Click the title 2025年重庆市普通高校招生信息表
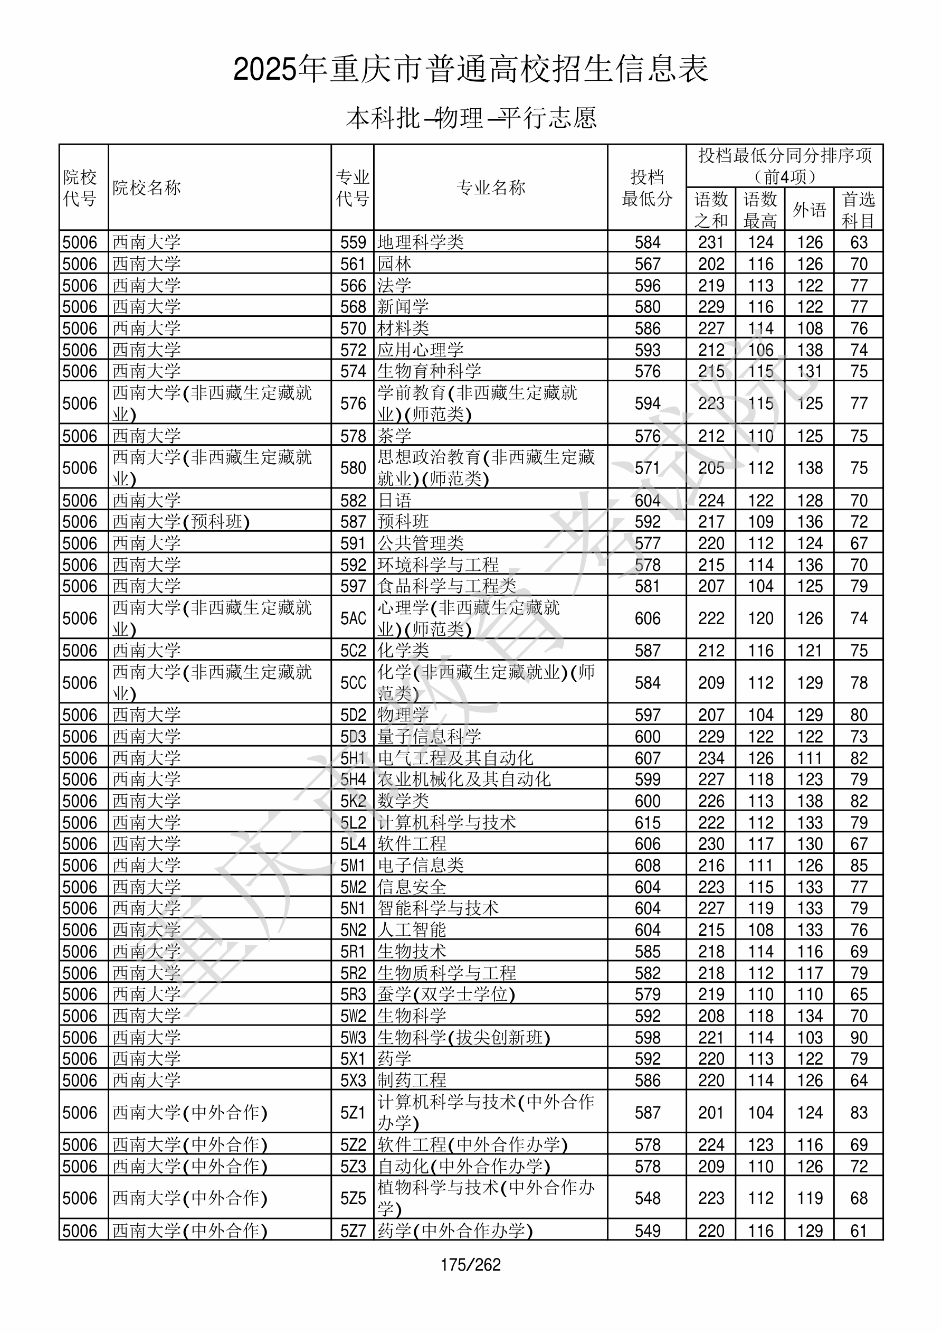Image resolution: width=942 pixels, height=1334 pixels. (x=470, y=69)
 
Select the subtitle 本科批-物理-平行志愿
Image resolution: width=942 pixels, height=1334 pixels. (x=470, y=118)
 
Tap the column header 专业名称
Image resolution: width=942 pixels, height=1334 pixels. (x=491, y=187)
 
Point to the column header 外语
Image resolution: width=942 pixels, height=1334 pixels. (x=809, y=209)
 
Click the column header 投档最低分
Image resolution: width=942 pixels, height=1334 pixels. (x=646, y=187)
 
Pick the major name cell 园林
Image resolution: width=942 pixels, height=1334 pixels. (x=394, y=264)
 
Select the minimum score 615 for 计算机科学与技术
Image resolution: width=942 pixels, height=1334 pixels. (x=647, y=822)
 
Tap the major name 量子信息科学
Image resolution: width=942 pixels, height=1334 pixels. (x=429, y=736)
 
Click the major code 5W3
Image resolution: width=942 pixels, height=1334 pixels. (x=353, y=1037)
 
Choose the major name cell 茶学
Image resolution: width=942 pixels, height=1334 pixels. (x=394, y=436)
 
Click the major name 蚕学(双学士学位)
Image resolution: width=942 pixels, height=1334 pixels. (x=446, y=994)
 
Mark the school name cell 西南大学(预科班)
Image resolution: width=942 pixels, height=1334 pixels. (x=180, y=521)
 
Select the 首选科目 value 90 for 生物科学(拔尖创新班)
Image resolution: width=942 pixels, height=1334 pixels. (x=859, y=1037)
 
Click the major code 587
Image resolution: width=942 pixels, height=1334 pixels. (x=353, y=521)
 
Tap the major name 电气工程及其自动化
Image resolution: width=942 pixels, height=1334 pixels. (x=455, y=758)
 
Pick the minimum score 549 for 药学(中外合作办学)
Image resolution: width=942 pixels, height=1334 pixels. (x=647, y=1230)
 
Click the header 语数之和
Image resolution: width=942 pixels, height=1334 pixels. (x=711, y=209)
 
